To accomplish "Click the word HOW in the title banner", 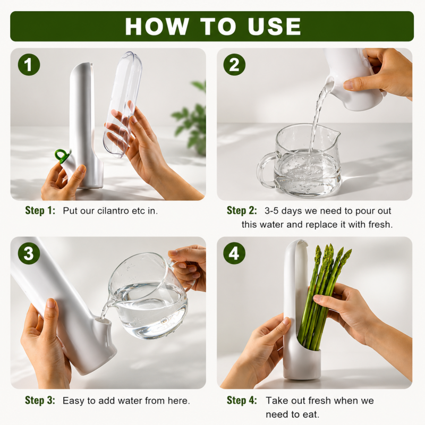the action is [157, 26].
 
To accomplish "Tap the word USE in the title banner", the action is [274, 26].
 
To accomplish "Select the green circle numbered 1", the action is [29, 65].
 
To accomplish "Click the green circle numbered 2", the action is [234, 64].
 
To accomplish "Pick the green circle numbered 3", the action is [29, 253].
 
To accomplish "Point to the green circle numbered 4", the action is [234, 253].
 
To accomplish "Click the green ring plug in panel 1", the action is [62, 156].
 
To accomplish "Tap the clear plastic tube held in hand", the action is [123, 104].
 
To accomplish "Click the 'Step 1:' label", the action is [40, 210].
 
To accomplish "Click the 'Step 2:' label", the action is [242, 210].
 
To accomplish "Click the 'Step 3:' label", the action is [40, 400].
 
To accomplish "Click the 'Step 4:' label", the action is [242, 400].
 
